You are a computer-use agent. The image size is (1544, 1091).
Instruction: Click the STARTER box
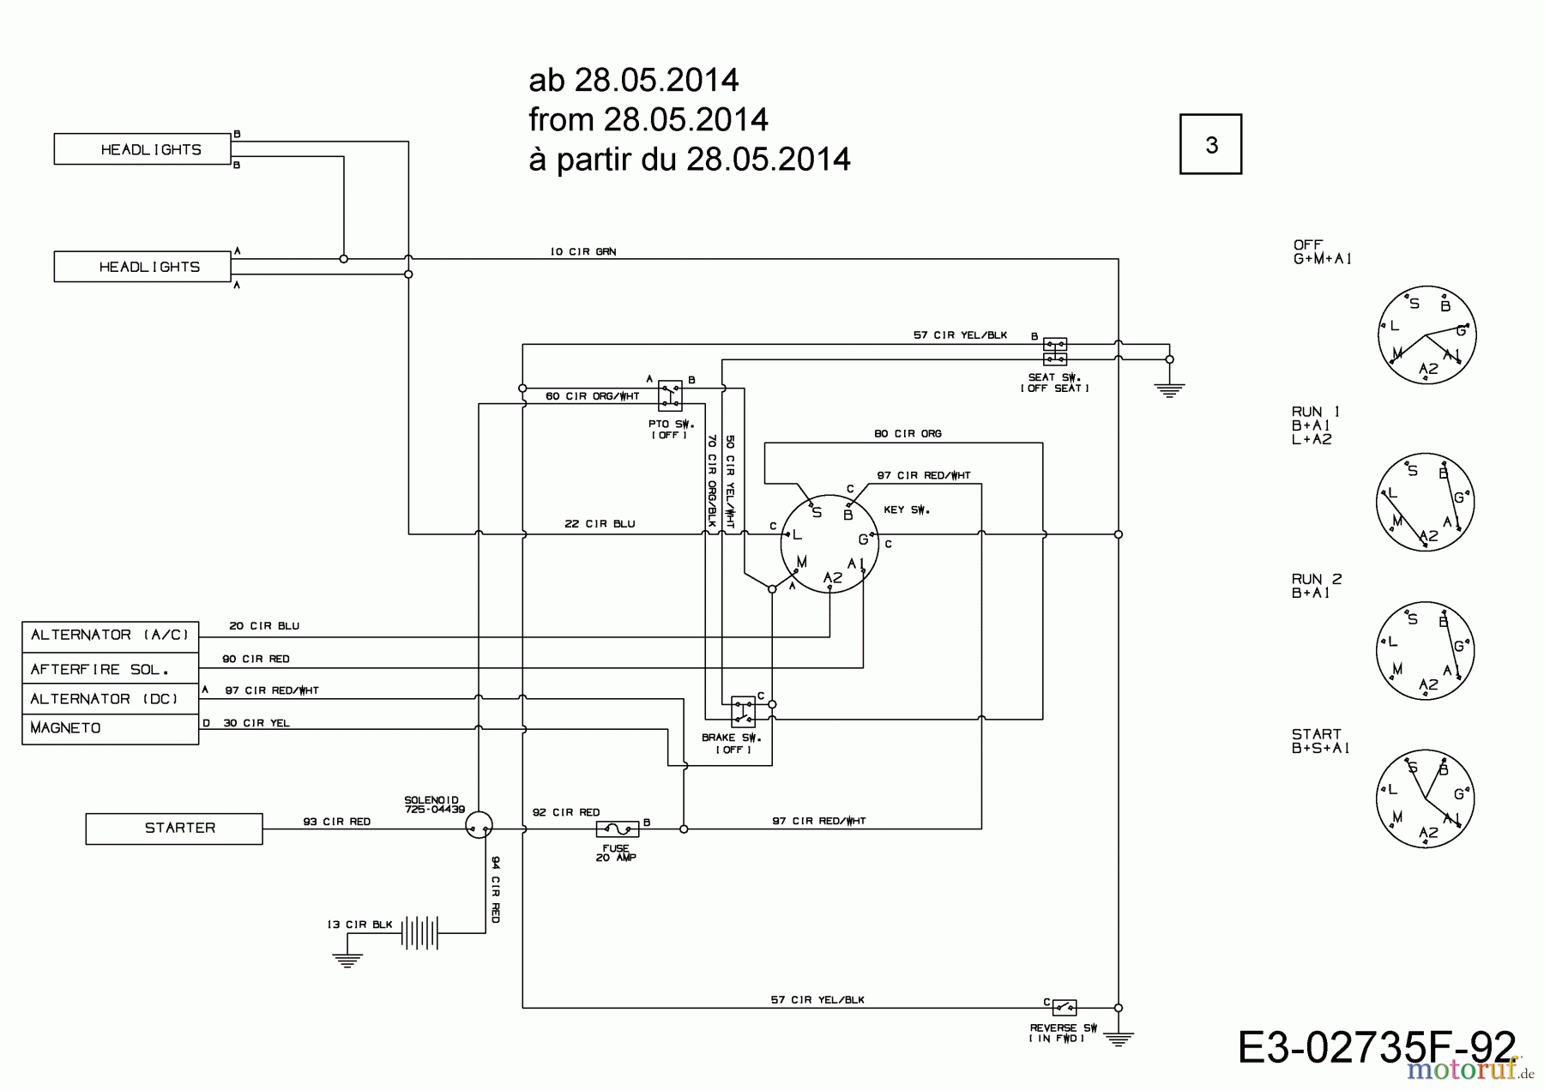[x=174, y=829]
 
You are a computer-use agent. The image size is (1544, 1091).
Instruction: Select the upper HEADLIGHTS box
[x=142, y=149]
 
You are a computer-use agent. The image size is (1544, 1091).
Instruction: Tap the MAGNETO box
[x=110, y=728]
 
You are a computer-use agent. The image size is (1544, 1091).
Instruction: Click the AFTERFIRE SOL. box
[x=110, y=669]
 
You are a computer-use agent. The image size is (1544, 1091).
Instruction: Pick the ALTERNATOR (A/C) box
[x=110, y=636]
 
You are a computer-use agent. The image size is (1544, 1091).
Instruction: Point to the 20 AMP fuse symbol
[x=617, y=829]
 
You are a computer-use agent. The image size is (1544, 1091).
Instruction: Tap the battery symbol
[x=419, y=932]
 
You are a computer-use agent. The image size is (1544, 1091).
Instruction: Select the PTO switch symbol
[x=670, y=395]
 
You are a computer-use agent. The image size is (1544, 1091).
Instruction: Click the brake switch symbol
[x=743, y=712]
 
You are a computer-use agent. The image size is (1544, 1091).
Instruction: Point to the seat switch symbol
[x=1054, y=352]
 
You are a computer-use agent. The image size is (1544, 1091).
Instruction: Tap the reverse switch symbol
[x=1064, y=1008]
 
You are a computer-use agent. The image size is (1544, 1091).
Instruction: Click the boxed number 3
[x=1210, y=144]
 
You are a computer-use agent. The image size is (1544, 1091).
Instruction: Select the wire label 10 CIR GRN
[x=582, y=251]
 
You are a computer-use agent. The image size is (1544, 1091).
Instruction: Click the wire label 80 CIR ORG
[x=908, y=434]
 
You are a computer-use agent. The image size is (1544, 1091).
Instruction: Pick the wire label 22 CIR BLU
[x=600, y=524]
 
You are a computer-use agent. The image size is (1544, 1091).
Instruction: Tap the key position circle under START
[x=1425, y=799]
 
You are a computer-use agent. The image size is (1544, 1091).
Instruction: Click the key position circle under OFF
[x=1426, y=335]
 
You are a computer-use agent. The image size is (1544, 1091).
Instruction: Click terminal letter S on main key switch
[x=817, y=513]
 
